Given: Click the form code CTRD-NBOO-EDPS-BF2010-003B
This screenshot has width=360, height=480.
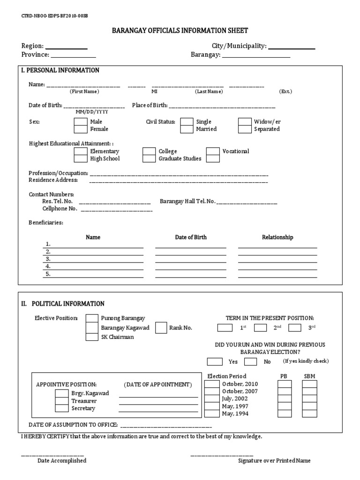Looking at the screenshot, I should (x=54, y=15).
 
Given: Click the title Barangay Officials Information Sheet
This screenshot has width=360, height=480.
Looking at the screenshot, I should (x=180, y=31).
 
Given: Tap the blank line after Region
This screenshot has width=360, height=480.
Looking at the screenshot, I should (x=66, y=46).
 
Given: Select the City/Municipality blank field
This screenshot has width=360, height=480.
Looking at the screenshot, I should (x=291, y=46).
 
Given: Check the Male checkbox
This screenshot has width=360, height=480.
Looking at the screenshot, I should (x=80, y=122).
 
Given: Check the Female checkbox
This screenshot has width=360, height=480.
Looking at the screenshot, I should (x=80, y=129).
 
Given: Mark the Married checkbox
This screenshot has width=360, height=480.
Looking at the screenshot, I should (x=187, y=129).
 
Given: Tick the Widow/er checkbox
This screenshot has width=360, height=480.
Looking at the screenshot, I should (x=245, y=122).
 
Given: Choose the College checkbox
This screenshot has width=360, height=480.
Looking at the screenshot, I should (x=149, y=151).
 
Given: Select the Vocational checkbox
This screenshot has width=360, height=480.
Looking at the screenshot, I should (x=213, y=151).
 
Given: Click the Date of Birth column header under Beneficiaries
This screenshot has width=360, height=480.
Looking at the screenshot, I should (x=191, y=237).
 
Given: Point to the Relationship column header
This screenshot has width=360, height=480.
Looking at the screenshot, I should (x=277, y=237).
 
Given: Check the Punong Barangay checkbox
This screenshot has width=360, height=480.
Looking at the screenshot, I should (x=92, y=319).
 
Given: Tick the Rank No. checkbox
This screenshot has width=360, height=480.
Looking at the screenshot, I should (x=161, y=328).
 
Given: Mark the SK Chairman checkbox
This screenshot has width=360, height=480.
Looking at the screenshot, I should (x=92, y=337).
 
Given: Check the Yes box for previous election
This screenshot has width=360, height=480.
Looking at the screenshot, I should (x=215, y=361).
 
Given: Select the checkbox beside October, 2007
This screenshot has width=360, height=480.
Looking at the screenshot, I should (x=212, y=391).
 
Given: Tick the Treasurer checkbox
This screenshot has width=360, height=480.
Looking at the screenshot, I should (x=61, y=401).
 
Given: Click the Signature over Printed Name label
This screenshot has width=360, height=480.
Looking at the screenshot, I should (x=274, y=461).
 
